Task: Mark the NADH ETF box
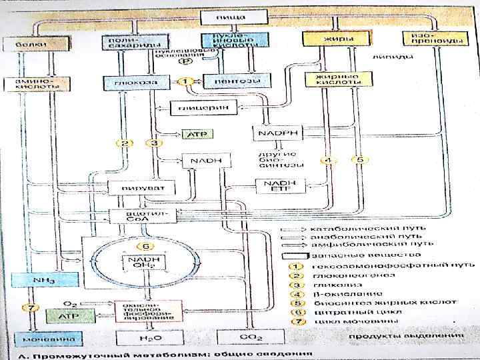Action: click(x=279, y=186)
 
